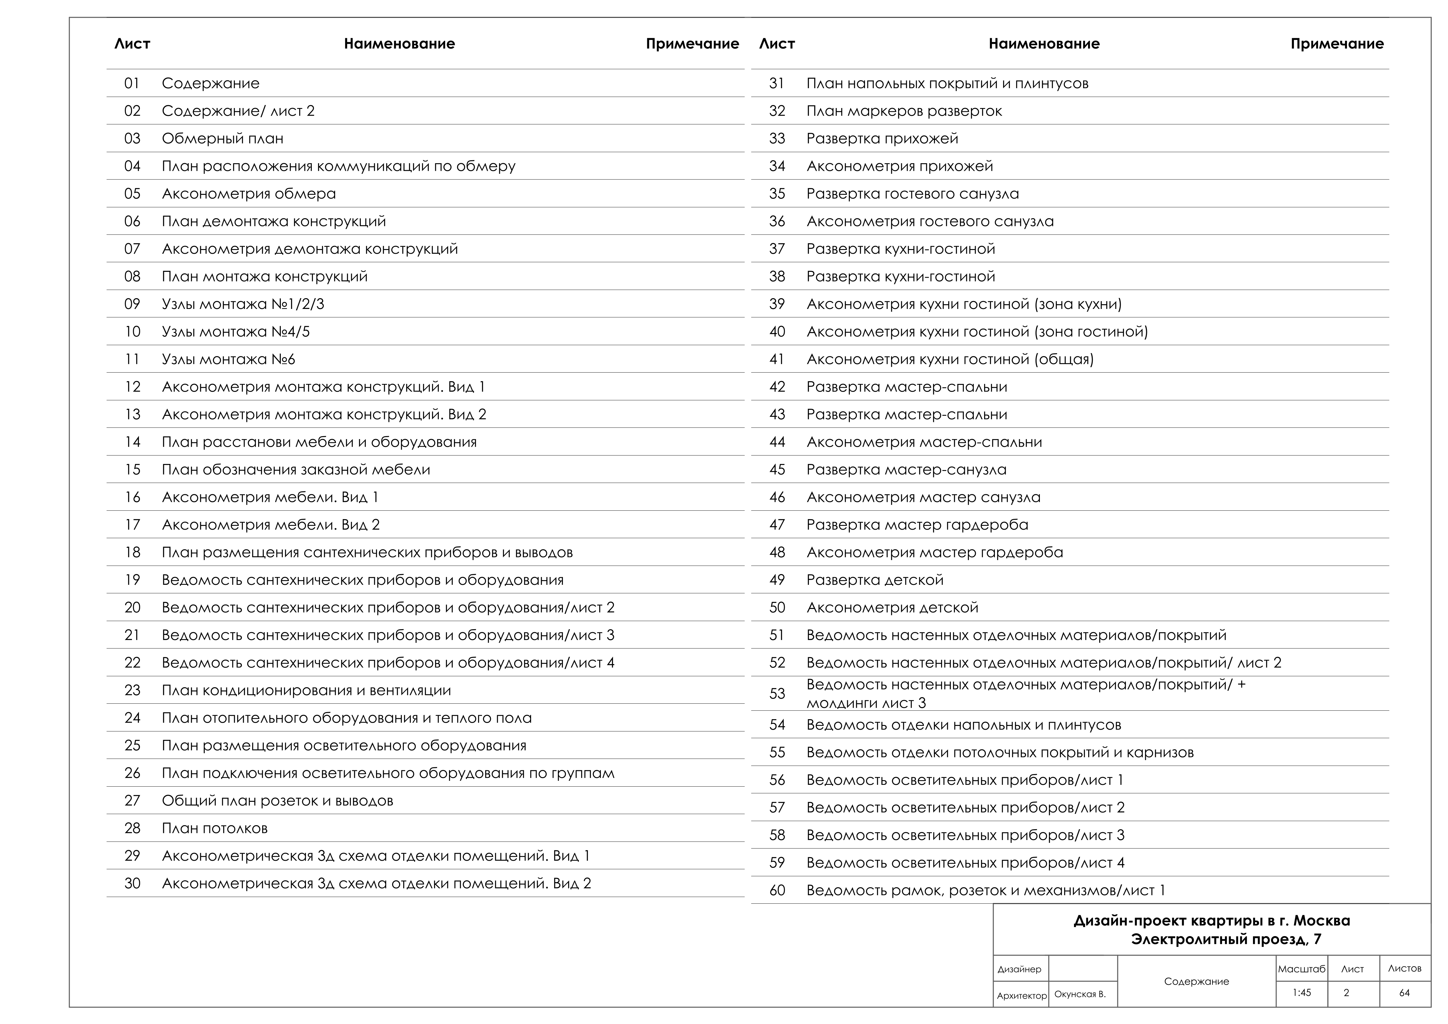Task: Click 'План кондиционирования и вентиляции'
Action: click(x=307, y=690)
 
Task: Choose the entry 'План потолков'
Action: click(x=214, y=828)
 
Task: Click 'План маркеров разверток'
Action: click(x=904, y=111)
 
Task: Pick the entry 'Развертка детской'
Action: click(x=875, y=580)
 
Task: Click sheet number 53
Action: click(x=777, y=694)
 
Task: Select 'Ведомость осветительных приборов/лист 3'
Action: click(x=965, y=835)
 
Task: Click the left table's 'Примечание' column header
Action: click(x=692, y=44)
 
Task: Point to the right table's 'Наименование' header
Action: click(x=1044, y=44)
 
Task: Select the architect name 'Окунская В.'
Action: click(x=1080, y=994)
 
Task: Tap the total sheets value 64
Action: click(x=1405, y=992)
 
